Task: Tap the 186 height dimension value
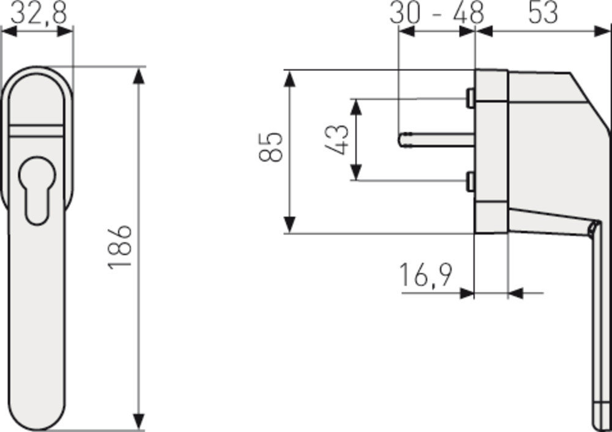pyautogui.click(x=120, y=246)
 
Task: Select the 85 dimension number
pyautogui.click(x=271, y=147)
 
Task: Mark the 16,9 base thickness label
pyautogui.click(x=426, y=275)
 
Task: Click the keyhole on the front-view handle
pyautogui.click(x=37, y=190)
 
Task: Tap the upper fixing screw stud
pyautogui.click(x=469, y=98)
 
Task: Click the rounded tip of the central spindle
pyautogui.click(x=401, y=140)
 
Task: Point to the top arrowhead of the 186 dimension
pyautogui.click(x=140, y=76)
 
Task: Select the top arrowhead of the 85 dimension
pyautogui.click(x=291, y=78)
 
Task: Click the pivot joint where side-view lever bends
pyautogui.click(x=592, y=229)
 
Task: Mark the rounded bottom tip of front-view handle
pyautogui.click(x=37, y=425)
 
